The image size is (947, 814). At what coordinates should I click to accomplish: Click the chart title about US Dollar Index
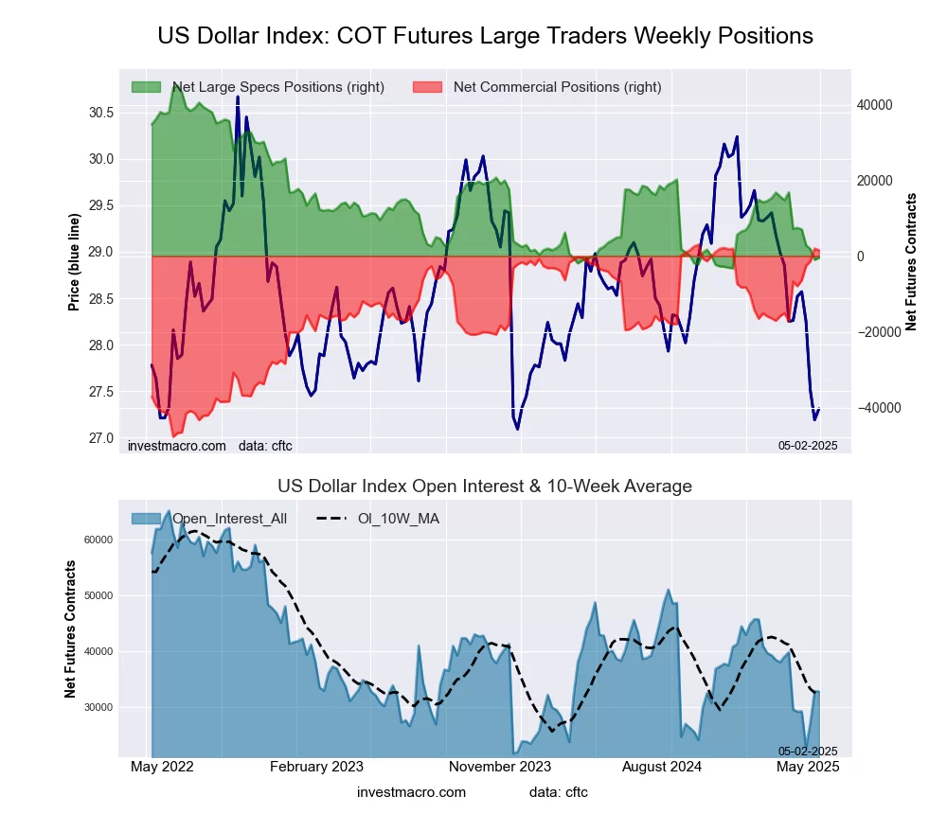(485, 36)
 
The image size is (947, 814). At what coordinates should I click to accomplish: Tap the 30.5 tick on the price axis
(101, 113)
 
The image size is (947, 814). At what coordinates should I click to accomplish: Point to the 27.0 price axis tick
(101, 438)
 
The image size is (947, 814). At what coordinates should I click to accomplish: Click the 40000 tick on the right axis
(874, 105)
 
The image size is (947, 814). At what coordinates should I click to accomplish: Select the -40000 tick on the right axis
(872, 408)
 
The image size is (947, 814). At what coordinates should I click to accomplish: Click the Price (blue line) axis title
(74, 262)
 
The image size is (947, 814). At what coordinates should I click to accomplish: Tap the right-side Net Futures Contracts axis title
(911, 262)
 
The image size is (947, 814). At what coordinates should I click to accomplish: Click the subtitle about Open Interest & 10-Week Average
(485, 487)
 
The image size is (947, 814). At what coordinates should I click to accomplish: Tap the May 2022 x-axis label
(162, 767)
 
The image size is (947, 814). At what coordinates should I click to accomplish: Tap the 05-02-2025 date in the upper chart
(808, 445)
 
